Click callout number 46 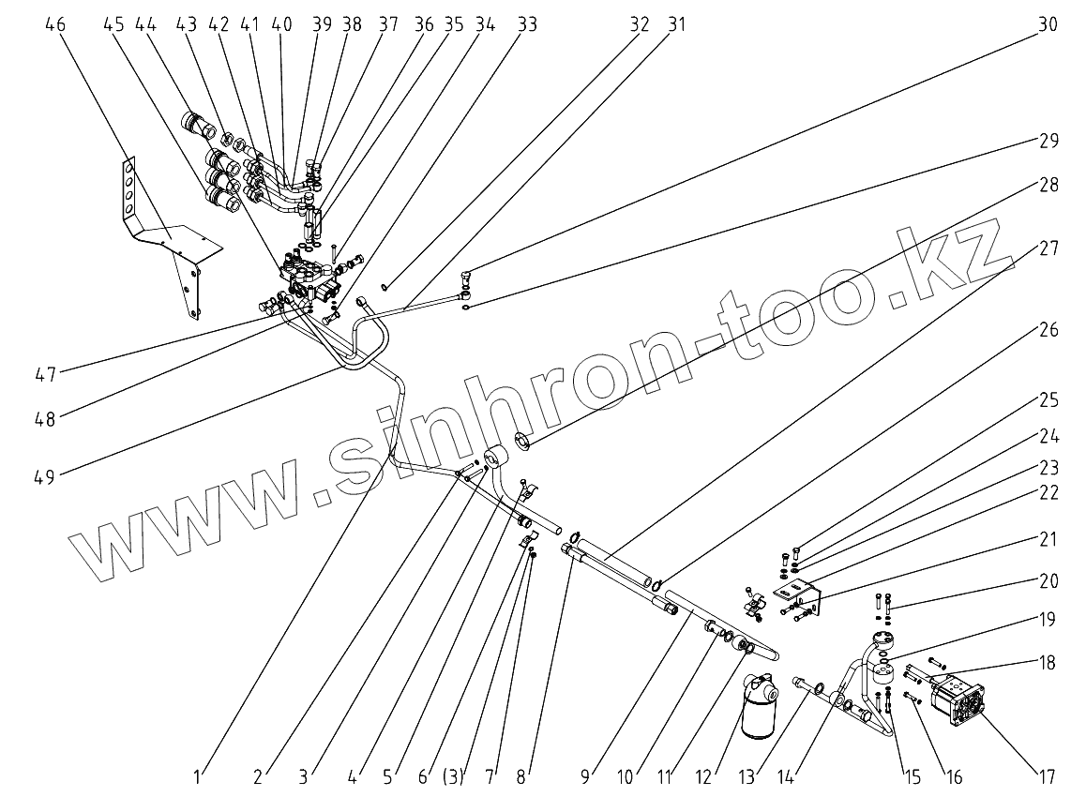pyautogui.click(x=55, y=25)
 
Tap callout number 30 pyautogui.click(x=1048, y=25)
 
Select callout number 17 pyautogui.click(x=1048, y=777)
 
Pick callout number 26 pyautogui.click(x=1048, y=331)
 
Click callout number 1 pyautogui.click(x=198, y=777)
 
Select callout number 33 pyautogui.click(x=528, y=25)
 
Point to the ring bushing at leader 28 pyautogui.click(x=524, y=441)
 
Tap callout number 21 pyautogui.click(x=1048, y=539)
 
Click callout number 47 pyautogui.click(x=44, y=374)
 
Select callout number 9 pyautogui.click(x=586, y=777)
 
